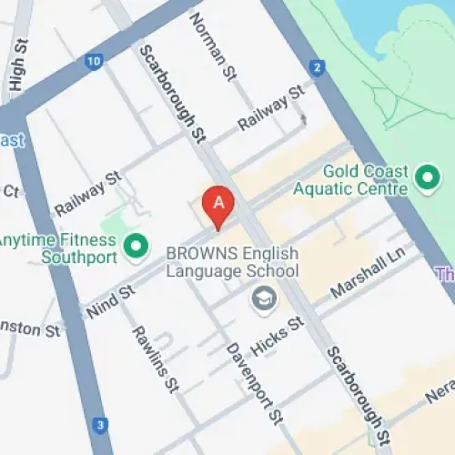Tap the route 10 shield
93,62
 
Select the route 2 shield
317,67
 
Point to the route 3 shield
100,424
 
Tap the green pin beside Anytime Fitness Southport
136,245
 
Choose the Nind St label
111,301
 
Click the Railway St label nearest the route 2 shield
270,108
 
